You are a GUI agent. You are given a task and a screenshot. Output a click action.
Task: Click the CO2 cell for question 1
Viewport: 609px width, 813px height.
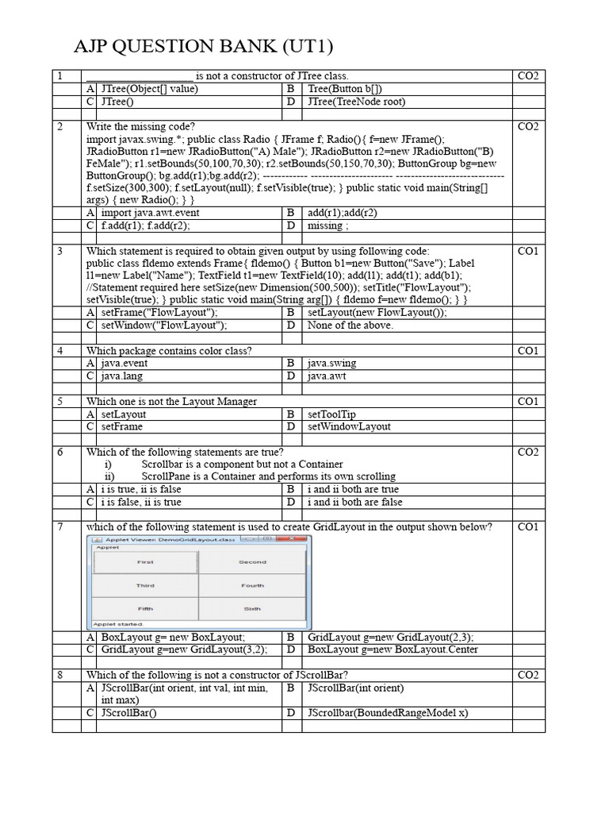click(527, 76)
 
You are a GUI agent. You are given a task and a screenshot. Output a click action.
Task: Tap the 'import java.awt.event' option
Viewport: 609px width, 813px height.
click(151, 213)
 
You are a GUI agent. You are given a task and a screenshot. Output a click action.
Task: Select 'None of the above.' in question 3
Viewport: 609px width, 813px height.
click(350, 326)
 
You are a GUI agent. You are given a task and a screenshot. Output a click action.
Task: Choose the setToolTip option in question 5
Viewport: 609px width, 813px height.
click(332, 414)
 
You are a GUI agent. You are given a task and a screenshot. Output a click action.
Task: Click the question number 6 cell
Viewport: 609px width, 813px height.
click(59, 452)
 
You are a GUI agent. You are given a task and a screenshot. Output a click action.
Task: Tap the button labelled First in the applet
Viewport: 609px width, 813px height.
click(145, 562)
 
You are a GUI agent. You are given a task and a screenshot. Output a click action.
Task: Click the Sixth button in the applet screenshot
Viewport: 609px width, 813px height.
click(252, 608)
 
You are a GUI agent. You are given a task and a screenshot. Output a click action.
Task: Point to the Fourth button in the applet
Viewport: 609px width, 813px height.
click(252, 585)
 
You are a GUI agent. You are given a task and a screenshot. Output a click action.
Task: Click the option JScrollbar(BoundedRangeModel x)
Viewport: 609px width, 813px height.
click(388, 713)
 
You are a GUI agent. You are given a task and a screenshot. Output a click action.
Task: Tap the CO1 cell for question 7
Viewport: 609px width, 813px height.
click(527, 527)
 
